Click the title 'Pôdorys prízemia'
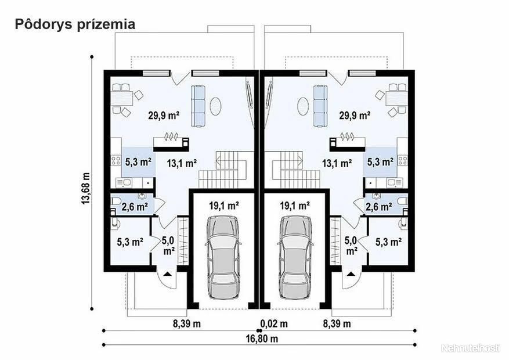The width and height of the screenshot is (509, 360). [75, 24]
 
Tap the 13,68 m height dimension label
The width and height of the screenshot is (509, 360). [86, 188]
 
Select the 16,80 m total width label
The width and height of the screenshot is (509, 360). [262, 339]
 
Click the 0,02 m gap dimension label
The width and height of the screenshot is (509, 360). [274, 323]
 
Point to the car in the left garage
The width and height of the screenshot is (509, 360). [223, 257]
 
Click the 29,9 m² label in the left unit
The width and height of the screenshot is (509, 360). [164, 115]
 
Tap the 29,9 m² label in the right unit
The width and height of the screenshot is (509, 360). [355, 115]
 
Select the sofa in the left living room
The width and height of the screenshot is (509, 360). [198, 106]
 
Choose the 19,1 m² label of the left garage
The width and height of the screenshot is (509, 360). [224, 205]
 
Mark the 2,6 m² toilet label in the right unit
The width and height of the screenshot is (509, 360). [378, 207]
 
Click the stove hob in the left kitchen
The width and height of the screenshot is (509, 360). [116, 160]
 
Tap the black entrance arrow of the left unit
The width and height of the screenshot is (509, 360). [168, 274]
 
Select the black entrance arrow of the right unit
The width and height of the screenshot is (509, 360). [351, 274]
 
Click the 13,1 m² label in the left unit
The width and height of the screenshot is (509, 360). [182, 163]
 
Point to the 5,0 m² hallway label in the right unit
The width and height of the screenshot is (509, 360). [351, 246]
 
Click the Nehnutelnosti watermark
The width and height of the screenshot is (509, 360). [471, 348]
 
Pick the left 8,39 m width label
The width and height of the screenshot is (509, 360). [187, 323]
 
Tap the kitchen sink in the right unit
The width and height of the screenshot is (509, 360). [394, 183]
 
